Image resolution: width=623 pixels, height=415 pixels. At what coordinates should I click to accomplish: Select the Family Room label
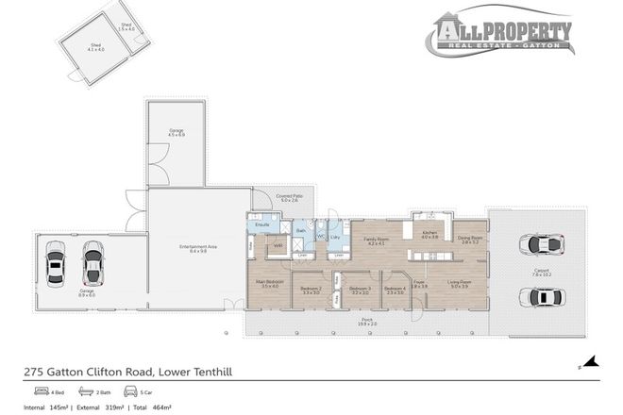379,241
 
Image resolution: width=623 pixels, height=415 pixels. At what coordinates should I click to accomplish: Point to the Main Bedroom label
269,283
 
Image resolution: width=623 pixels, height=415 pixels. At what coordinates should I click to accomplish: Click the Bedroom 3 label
359,290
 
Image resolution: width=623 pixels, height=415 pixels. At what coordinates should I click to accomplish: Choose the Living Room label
459,284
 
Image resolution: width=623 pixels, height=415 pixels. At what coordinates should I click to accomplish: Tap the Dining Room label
470,240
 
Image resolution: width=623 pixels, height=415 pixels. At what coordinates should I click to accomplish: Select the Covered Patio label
290,197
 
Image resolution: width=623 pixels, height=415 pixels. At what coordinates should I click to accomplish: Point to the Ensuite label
263,224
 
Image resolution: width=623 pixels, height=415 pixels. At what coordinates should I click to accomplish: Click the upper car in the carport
541,244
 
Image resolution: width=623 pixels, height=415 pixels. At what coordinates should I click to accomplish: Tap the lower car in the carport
541,296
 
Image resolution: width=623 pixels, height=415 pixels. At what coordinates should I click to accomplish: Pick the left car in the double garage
56,266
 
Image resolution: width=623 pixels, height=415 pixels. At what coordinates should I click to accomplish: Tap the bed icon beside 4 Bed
42,390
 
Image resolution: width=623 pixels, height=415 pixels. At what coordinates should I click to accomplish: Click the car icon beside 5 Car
130,390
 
